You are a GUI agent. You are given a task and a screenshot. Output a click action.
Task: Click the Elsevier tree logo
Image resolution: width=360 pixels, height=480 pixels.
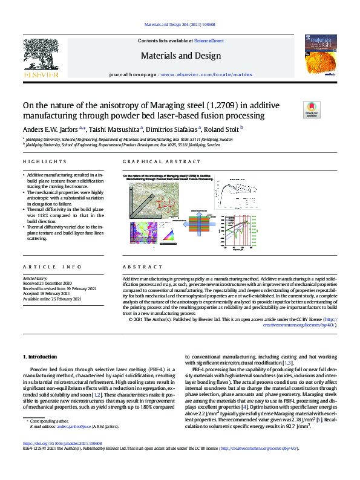point(41,53)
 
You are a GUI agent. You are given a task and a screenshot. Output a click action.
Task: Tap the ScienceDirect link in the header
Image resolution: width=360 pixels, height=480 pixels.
point(208,41)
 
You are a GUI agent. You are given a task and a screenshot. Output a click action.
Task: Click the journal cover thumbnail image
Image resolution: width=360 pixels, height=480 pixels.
point(319,57)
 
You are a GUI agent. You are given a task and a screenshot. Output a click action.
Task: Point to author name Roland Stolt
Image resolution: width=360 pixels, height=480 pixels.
point(221,128)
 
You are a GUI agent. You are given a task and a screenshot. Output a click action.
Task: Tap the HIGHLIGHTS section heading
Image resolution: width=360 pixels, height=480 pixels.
point(44,162)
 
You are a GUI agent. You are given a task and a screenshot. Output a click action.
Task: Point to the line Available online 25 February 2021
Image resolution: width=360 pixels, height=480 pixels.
point(53,299)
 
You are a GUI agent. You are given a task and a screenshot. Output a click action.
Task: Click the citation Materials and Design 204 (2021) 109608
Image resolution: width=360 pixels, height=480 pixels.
point(180,25)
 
